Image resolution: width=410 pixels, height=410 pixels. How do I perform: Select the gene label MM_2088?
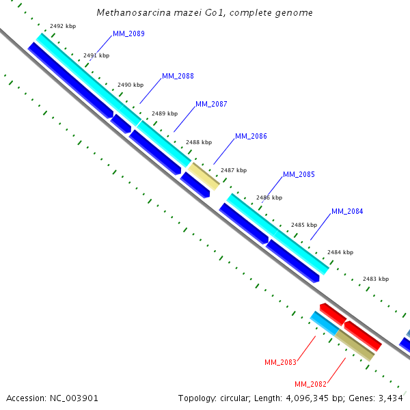tap(178, 76)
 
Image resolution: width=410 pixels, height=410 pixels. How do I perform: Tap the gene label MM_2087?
tap(211, 104)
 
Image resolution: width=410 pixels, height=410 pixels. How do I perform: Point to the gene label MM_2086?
tap(251, 136)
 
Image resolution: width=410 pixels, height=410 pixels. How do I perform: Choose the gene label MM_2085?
tap(299, 174)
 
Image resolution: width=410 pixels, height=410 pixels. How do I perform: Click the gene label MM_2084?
tap(347, 211)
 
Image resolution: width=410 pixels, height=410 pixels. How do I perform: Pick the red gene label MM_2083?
tap(280, 361)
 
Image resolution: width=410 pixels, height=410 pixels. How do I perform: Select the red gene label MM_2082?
tap(310, 384)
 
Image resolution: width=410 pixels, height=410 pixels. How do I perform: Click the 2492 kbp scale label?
tap(64, 26)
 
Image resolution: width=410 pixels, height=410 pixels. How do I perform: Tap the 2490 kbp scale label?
tap(131, 85)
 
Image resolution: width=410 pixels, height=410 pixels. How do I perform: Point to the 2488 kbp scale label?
tap(199, 142)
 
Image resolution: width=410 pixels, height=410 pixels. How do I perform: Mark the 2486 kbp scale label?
tap(269, 197)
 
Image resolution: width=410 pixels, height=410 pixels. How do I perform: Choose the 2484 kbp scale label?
tap(340, 252)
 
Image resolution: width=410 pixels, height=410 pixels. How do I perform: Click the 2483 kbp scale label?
tap(375, 279)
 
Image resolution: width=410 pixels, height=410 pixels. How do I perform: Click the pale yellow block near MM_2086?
tap(204, 176)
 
